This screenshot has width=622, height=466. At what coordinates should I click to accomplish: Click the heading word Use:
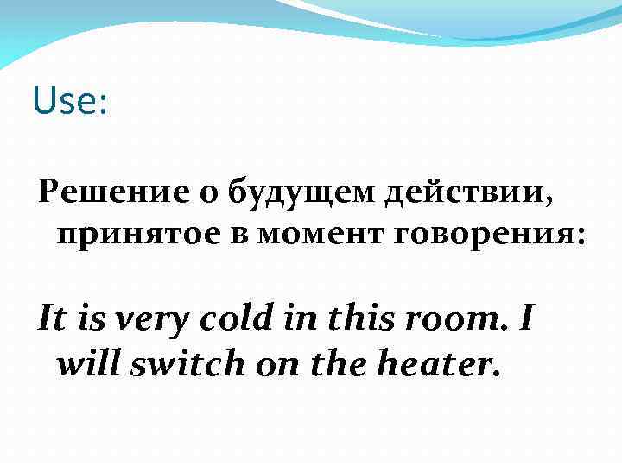point(70,102)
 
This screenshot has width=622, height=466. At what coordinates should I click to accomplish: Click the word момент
point(307,233)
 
